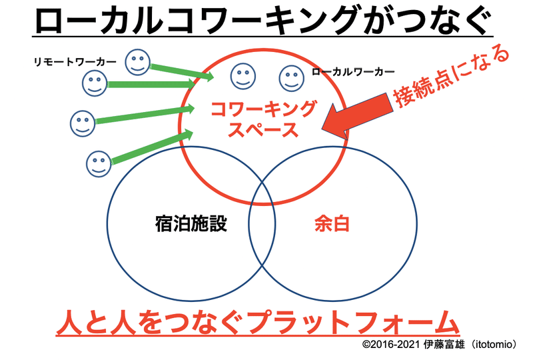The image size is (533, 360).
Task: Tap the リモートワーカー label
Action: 75,62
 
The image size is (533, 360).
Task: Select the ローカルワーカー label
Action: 352,71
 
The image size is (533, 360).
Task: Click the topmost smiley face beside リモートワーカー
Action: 138,62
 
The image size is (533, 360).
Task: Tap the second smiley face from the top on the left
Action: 95,84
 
